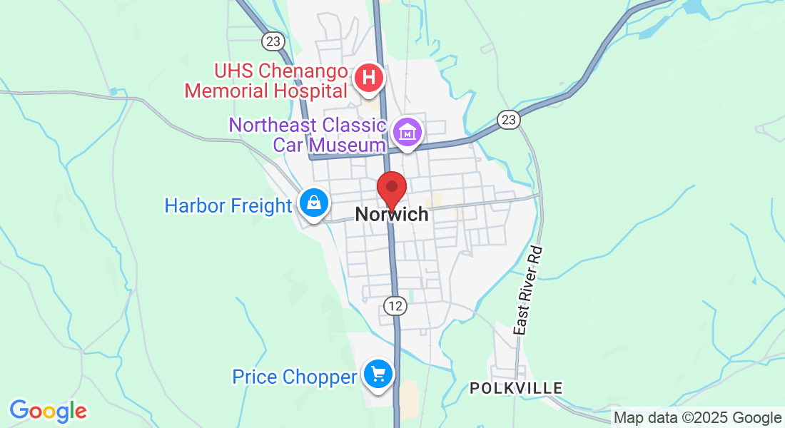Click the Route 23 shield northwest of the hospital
pos(272,41)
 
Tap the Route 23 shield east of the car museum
pos(508,119)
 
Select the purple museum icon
pos(408,132)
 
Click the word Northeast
pos(272,125)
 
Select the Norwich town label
pos(392,214)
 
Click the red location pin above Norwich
pos(392,188)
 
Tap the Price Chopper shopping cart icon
pos(378,374)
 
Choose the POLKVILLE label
pos(516,388)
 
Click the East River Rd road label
pos(529,291)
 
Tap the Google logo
pos(48,411)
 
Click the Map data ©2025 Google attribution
pos(698,418)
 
